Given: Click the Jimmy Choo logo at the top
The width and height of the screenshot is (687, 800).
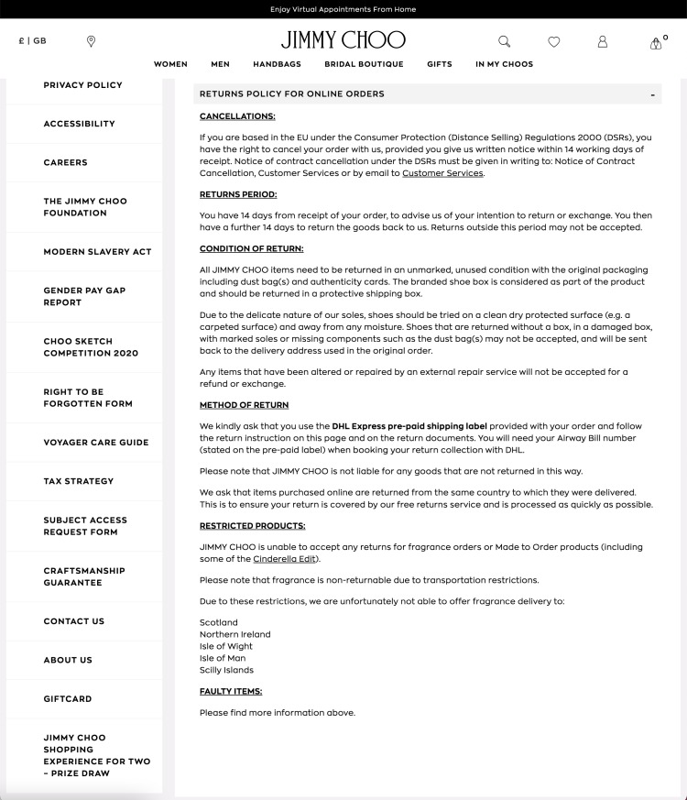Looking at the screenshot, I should (343, 40).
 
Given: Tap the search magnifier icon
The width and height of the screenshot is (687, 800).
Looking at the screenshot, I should (504, 41).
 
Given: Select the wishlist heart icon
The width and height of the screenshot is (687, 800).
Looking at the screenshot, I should (553, 41).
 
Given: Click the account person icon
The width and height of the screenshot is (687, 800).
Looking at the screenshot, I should (603, 41).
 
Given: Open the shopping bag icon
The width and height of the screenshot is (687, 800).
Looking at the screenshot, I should (656, 43).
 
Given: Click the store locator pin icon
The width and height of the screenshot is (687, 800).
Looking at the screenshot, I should (91, 41).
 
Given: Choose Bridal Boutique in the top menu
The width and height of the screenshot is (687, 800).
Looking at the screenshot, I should (364, 64).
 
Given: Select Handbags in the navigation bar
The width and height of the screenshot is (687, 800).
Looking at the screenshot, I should (277, 64).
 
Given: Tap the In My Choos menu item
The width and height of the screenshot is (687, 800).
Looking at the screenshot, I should (504, 64).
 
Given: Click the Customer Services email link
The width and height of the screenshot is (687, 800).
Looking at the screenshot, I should (442, 173).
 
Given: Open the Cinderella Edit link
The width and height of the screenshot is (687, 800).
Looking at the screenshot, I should (285, 559).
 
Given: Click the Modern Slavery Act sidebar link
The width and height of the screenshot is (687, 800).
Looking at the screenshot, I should (97, 252).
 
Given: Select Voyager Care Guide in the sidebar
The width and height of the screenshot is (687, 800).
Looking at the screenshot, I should (95, 443).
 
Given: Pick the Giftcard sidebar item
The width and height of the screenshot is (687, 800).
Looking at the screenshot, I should (68, 699).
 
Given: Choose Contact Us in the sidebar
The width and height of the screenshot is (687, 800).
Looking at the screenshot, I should (73, 621).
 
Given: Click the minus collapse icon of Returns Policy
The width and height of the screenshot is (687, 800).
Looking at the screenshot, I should (652, 94).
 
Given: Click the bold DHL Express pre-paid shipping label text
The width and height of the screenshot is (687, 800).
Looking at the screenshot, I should (409, 426).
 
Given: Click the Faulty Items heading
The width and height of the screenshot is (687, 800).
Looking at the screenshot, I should (231, 691).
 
